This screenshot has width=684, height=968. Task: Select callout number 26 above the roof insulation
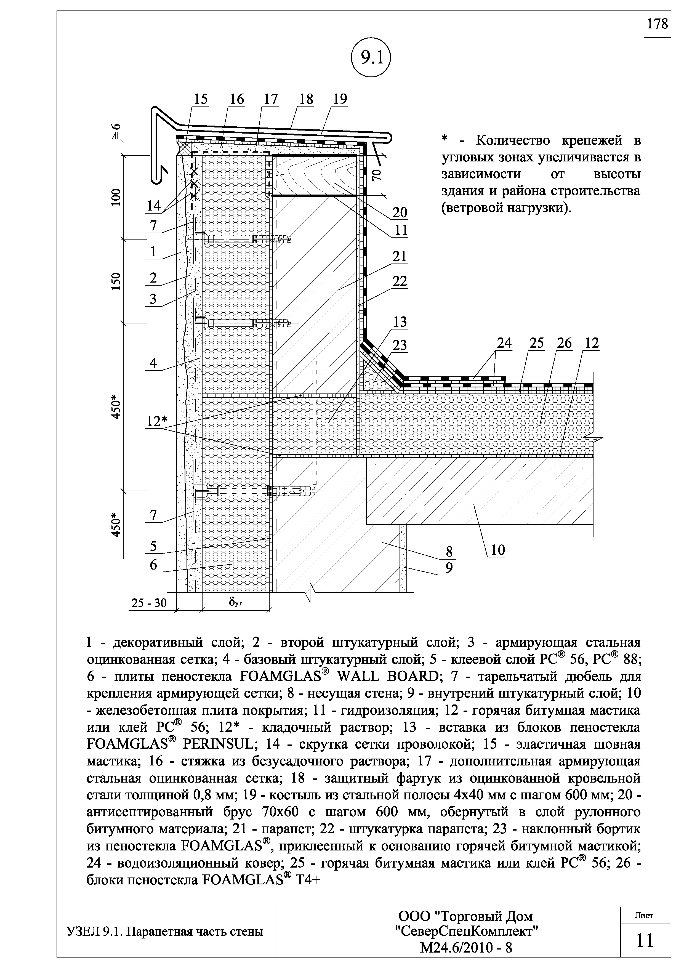pyautogui.click(x=564, y=343)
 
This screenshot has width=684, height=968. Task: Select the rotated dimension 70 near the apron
pyautogui.click(x=376, y=174)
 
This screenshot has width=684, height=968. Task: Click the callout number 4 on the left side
pyautogui.click(x=153, y=363)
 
